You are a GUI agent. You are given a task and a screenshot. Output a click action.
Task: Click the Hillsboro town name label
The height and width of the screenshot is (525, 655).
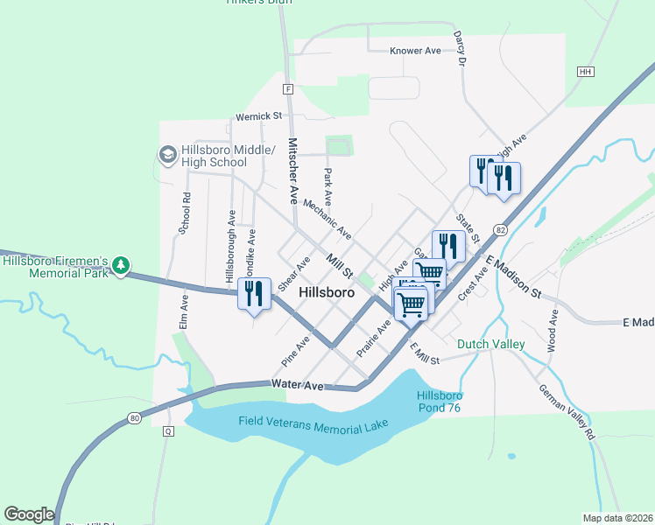[x=326, y=293]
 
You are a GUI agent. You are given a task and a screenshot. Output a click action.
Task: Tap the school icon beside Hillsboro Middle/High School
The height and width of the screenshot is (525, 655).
[x=166, y=155]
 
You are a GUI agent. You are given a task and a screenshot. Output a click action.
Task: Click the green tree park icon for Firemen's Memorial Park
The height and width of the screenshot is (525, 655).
[x=122, y=265]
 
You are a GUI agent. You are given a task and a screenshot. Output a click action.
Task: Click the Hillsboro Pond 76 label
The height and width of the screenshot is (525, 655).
[x=438, y=402]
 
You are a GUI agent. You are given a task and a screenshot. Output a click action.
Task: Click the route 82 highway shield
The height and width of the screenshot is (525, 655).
[x=500, y=228]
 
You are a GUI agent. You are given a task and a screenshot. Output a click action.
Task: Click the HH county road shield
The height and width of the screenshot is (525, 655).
[x=586, y=71]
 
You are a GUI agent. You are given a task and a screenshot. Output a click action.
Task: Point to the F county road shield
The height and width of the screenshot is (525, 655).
[x=287, y=88]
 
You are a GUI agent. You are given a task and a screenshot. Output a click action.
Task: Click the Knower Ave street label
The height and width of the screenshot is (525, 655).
[x=415, y=52]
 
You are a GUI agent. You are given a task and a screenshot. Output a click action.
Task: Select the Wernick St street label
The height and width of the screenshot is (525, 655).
[x=257, y=115]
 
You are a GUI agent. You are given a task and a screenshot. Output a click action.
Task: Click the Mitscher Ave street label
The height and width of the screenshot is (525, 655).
[x=293, y=171]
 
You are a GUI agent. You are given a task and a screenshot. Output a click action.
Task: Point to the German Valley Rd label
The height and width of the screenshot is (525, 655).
[x=567, y=411]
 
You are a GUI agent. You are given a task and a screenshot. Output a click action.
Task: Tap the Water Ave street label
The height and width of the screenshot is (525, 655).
[x=298, y=384]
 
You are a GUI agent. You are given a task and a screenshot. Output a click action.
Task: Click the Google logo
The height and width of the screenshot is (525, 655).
[x=29, y=514]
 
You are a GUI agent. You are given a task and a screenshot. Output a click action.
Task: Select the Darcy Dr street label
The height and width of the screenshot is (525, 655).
[x=459, y=49]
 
